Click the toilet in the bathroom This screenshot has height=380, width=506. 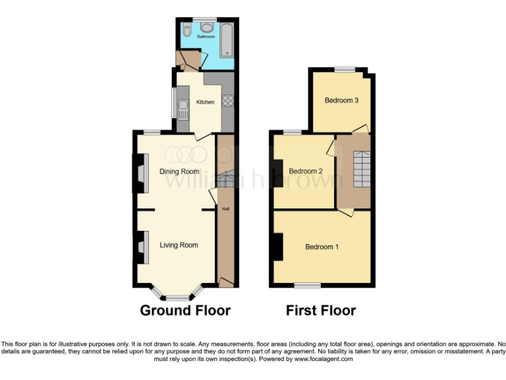click(x=188, y=28)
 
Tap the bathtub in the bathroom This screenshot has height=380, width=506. click(x=227, y=40)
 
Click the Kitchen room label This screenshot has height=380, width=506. click(x=206, y=102)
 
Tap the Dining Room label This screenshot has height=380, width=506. click(x=179, y=172)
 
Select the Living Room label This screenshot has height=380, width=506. click(x=179, y=245)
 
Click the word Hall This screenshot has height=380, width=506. click(x=225, y=209)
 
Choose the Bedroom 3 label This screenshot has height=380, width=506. click(x=341, y=101)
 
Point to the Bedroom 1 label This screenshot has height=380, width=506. click(x=322, y=247)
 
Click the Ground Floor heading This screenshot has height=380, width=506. click(x=185, y=310)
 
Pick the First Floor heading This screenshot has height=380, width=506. click(x=321, y=310)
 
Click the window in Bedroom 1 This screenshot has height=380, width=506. click(x=307, y=286)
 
